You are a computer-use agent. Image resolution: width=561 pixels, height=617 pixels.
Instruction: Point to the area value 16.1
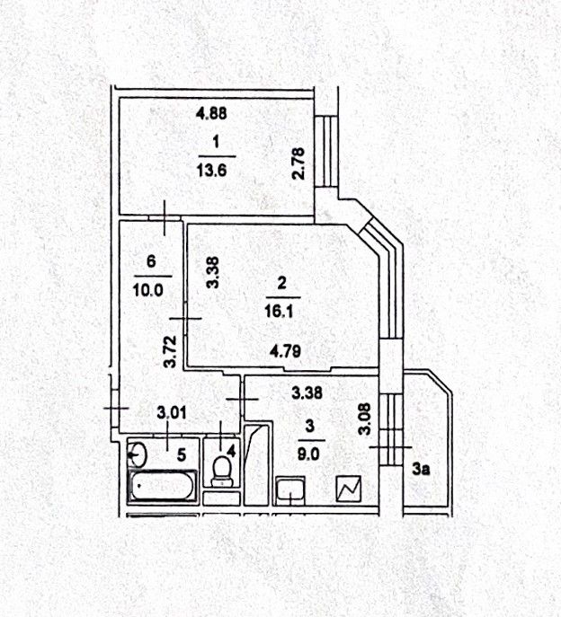281,313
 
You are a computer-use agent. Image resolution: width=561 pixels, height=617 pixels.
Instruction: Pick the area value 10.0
151,291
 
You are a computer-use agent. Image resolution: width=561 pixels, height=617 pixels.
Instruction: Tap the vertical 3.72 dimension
168,351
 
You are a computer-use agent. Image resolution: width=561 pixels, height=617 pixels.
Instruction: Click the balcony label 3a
420,469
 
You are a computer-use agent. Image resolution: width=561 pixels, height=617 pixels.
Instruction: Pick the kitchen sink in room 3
290,490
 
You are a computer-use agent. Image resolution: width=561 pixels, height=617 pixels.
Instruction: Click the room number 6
151,261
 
